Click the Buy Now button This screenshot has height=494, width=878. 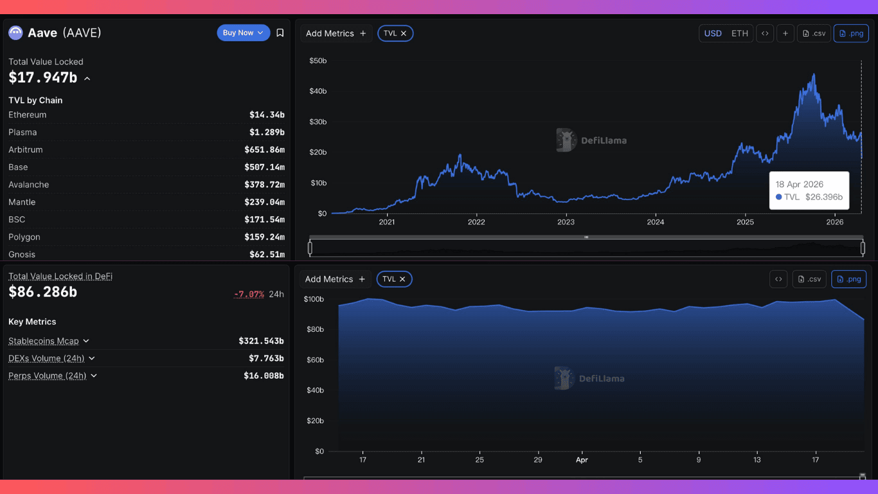click(x=243, y=33)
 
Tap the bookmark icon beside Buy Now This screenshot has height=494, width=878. click(x=280, y=33)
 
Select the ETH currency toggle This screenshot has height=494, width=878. click(x=740, y=33)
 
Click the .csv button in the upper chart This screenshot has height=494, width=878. click(x=814, y=33)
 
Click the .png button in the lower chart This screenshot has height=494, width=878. click(x=848, y=279)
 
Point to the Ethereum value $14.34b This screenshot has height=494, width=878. click(x=267, y=115)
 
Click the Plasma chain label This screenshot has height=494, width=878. click(x=22, y=133)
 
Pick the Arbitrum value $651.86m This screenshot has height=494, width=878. click(x=264, y=150)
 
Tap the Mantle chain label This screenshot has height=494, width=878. click(x=22, y=202)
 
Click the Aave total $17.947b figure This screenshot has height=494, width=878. click(x=42, y=78)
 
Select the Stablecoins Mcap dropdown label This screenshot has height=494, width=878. click(x=44, y=341)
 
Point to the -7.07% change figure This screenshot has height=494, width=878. click(x=249, y=294)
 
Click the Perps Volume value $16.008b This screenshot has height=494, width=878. click(x=264, y=376)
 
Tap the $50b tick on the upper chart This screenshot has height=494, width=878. click(x=318, y=60)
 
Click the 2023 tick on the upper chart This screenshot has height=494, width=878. click(x=566, y=223)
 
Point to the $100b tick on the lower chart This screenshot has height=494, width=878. click(x=314, y=299)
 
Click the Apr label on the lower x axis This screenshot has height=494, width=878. click(x=582, y=460)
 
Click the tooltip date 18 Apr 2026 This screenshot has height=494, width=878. click(x=799, y=184)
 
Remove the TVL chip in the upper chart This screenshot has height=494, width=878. click(x=404, y=33)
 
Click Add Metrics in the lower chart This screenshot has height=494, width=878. click(x=335, y=279)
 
